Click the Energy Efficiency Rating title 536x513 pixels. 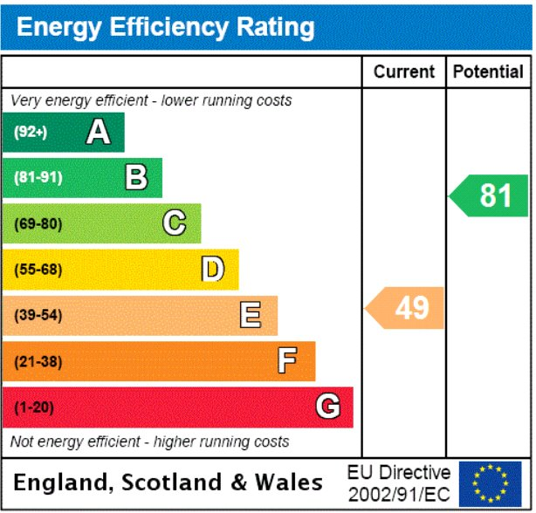166,28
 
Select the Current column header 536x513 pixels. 404,72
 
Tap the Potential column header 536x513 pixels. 488,72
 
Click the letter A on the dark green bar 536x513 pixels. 99,132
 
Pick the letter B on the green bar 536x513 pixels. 136,177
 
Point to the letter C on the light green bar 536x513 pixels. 175,222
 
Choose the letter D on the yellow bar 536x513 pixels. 213,269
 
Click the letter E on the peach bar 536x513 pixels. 251,315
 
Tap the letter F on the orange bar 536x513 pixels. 287,360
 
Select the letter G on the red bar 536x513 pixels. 328,406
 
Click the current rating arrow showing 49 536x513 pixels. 404,308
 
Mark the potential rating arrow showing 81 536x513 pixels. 489,195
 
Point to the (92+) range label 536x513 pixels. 31,132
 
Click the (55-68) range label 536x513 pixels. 38,270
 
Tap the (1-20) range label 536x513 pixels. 34,407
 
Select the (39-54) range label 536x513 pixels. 38,315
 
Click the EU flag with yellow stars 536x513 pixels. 491,484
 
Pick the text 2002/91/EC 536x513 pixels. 399,495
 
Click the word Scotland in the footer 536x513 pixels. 172,482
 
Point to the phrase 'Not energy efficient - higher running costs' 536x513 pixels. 150,441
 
